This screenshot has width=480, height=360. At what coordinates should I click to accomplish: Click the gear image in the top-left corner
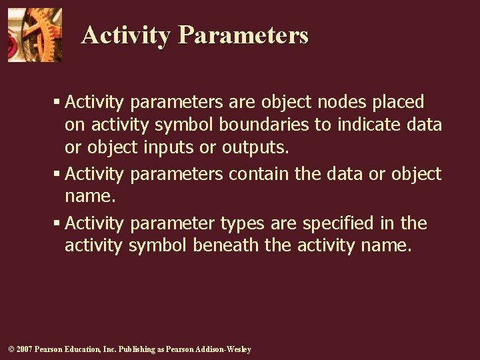(35, 35)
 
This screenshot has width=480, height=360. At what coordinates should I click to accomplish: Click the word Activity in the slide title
(125, 35)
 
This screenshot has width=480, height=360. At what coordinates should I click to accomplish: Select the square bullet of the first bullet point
(57, 103)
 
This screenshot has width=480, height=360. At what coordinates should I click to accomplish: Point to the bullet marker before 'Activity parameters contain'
(57, 175)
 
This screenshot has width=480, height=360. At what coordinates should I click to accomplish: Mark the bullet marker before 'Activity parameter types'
(57, 223)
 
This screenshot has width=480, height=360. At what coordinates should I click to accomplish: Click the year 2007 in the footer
(23, 350)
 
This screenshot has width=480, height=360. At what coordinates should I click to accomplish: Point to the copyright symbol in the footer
(11, 350)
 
